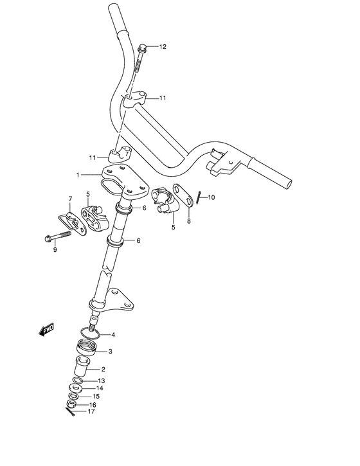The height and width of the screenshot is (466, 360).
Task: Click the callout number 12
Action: click(x=163, y=47)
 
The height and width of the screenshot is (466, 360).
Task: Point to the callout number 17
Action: click(x=92, y=413)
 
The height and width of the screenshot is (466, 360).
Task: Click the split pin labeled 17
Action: click(x=71, y=411)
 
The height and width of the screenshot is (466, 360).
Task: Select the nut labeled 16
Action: click(x=71, y=404)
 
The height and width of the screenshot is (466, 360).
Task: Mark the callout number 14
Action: click(x=100, y=388)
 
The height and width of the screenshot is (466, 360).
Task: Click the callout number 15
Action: click(x=96, y=397)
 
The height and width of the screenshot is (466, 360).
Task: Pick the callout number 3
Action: click(x=110, y=352)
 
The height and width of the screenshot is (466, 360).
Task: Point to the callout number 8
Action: click(x=188, y=220)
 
